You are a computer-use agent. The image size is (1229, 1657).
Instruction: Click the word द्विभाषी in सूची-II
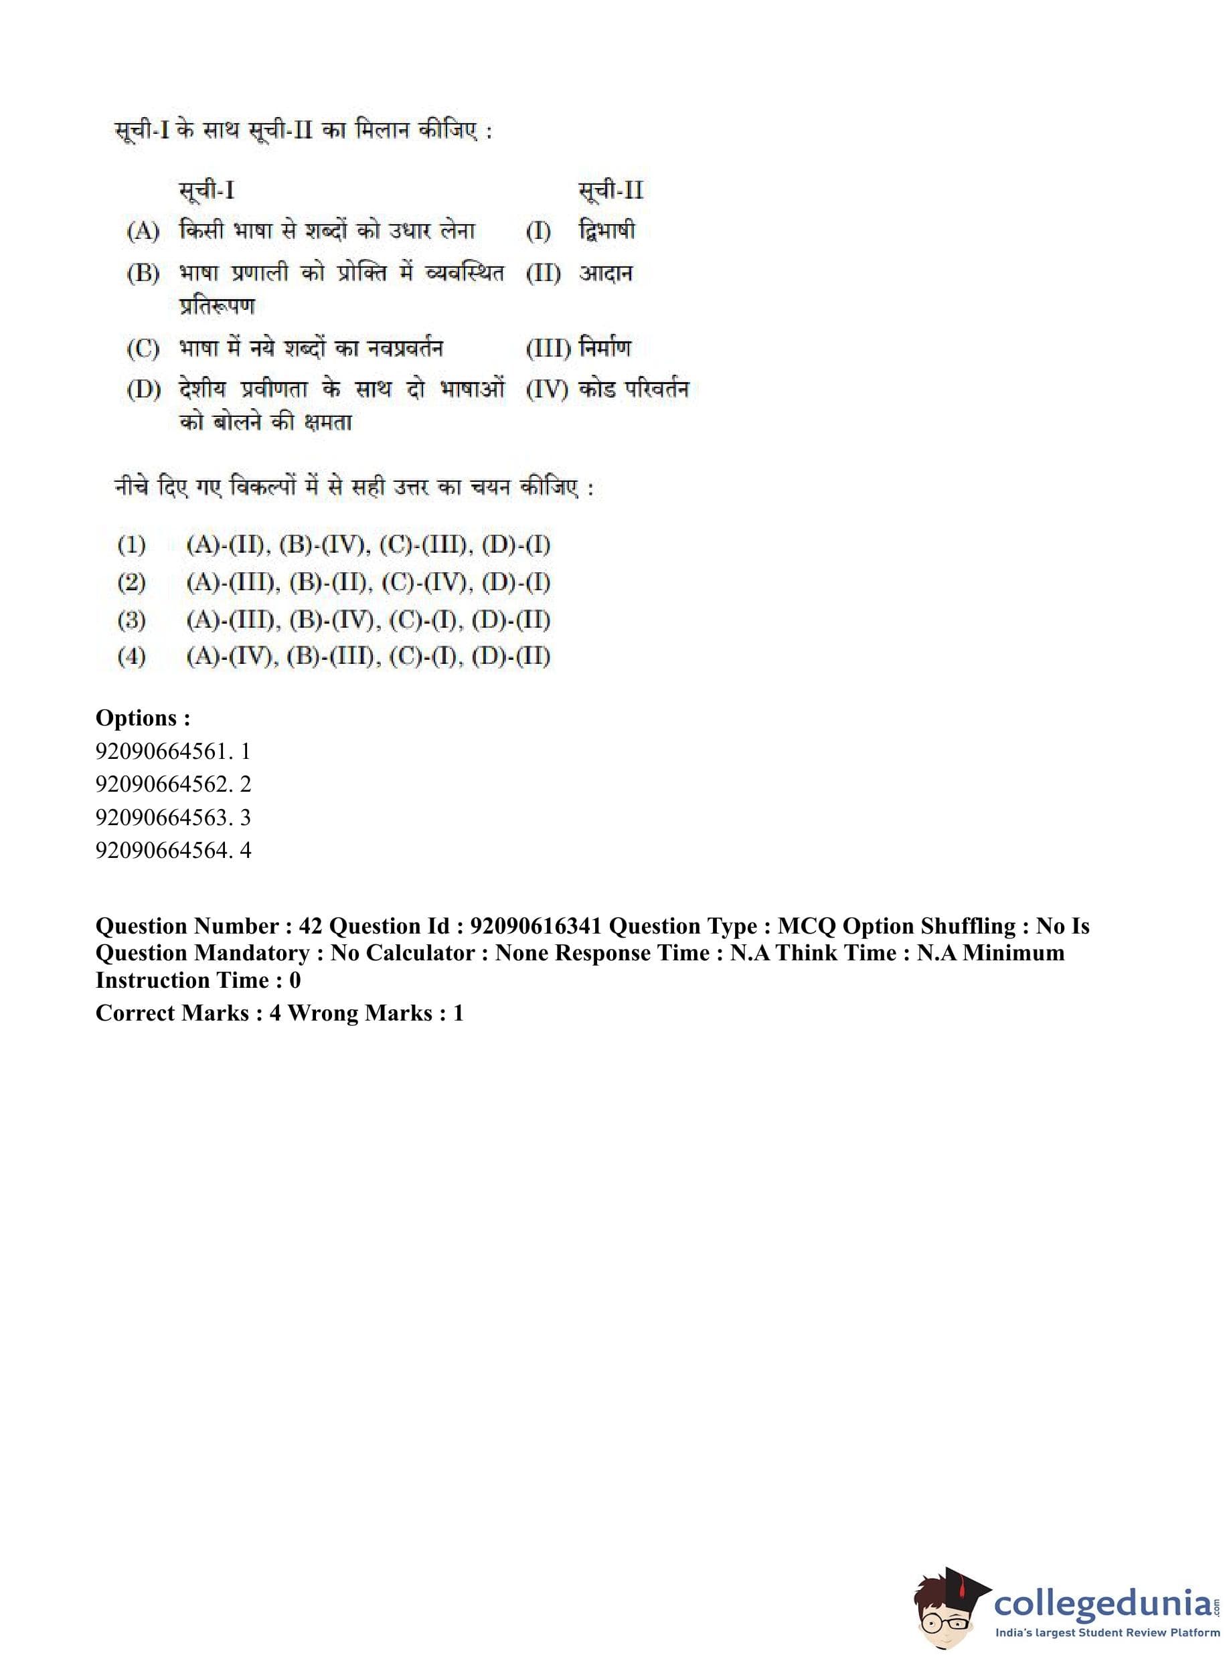pos(607,231)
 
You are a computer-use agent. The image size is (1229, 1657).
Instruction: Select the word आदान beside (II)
pos(606,273)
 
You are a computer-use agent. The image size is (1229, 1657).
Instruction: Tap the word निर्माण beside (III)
pos(606,347)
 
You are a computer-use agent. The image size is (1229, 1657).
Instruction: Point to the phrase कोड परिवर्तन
pos(634,389)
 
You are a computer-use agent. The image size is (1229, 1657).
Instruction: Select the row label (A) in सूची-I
pos(143,232)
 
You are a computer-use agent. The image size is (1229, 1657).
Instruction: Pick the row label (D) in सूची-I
pos(143,389)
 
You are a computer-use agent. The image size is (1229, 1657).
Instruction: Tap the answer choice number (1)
pos(131,545)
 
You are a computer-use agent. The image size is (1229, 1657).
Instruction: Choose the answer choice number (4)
pos(131,657)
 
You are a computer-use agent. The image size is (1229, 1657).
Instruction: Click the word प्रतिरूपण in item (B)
pos(218,306)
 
